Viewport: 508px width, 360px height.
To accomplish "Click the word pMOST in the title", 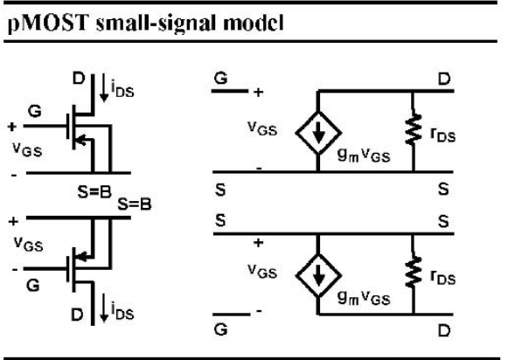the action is coord(48,24).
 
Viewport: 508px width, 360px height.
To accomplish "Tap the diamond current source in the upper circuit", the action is coord(318,133).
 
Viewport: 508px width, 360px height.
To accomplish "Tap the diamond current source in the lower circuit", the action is coord(318,275).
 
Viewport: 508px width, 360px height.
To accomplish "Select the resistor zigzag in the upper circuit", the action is coord(413,128).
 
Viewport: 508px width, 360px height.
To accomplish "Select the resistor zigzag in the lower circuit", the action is coord(413,271).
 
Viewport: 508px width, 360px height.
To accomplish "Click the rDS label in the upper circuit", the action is coord(443,135).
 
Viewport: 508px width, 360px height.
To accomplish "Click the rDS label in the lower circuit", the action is coord(443,278).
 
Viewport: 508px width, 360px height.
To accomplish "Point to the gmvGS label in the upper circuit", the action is coord(364,156).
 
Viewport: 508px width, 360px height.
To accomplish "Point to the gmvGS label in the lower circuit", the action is coord(364,298).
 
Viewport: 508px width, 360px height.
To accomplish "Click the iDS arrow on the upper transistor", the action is coord(104,87).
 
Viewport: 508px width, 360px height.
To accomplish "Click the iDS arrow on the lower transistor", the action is coord(104,308).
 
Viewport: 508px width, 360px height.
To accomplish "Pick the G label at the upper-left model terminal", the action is coord(220,78).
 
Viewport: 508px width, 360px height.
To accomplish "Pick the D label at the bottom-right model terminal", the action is coord(444,330).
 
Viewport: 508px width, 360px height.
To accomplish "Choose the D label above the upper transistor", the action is coord(79,79).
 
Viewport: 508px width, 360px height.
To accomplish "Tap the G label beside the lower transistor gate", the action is coord(33,286).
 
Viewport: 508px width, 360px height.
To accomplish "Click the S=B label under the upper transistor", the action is coord(94,192).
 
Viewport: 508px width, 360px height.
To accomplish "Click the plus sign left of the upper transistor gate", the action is coord(12,126).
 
